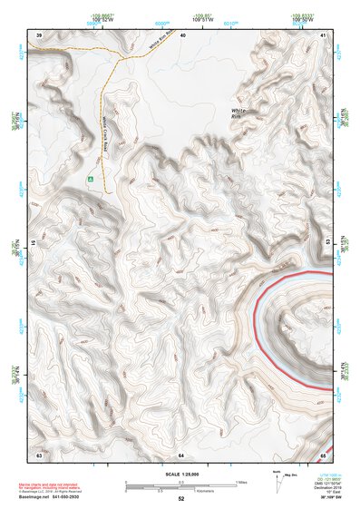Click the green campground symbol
click(91, 180)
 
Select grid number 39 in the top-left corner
click(39, 34)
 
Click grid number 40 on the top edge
click(182, 34)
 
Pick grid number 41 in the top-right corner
click(324, 34)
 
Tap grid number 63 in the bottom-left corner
click(39, 453)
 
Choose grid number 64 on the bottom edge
click(182, 453)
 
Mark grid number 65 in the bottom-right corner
click(324, 453)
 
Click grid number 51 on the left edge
click(34, 243)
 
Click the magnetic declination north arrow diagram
click(280, 481)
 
